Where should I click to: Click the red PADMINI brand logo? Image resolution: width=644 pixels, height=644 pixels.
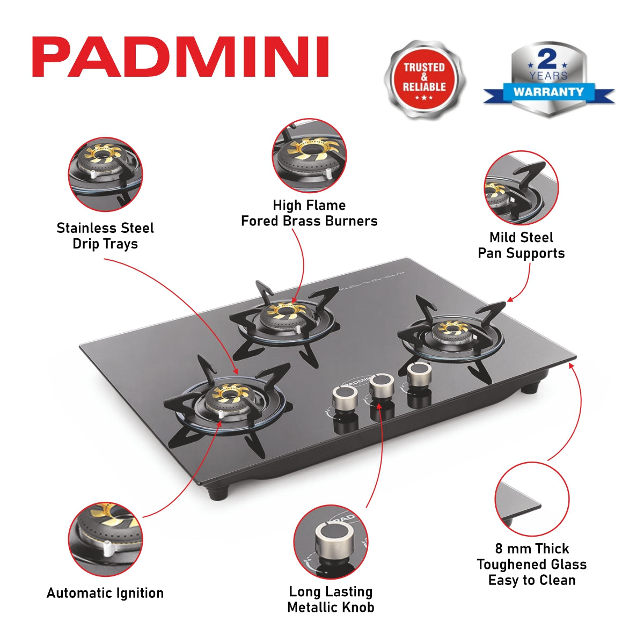(x=180, y=57)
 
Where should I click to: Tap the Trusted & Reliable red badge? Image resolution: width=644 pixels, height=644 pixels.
(x=425, y=79)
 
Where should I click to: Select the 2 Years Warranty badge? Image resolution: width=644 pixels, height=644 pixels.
(x=548, y=79)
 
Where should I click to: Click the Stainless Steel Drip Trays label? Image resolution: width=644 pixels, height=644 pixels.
(x=105, y=236)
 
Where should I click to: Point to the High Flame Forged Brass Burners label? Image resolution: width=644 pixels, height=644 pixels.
(x=309, y=213)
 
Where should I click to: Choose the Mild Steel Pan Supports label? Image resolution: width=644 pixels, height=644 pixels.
(x=521, y=245)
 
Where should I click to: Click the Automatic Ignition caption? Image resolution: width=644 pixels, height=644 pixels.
(x=105, y=593)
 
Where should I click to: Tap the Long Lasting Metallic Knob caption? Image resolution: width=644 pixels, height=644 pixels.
(x=331, y=599)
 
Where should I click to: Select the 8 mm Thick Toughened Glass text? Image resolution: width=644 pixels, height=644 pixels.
(x=531, y=564)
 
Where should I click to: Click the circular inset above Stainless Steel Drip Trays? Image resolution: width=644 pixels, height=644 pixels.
(x=106, y=174)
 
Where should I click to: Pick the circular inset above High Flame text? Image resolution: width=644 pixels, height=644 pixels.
(x=309, y=156)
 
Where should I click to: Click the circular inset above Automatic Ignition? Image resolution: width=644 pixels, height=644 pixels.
(x=106, y=539)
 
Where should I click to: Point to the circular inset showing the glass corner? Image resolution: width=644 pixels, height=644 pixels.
(x=531, y=499)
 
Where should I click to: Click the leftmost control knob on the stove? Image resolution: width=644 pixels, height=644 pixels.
(x=345, y=398)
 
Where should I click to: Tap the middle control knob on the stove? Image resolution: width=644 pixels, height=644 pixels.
(x=382, y=385)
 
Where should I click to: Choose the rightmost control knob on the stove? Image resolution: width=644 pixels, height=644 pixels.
(x=419, y=374)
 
